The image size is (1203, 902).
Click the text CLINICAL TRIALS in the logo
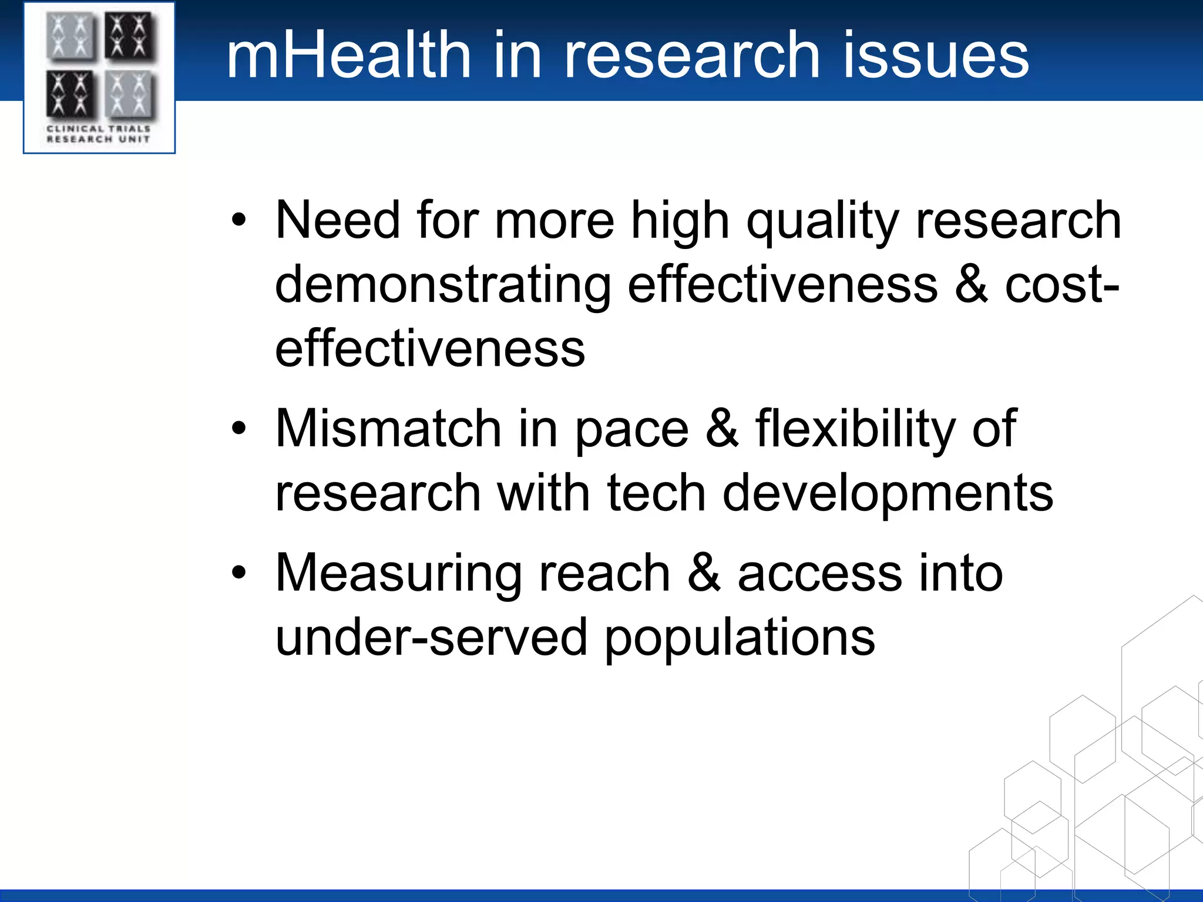98,128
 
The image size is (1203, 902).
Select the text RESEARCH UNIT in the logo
98,139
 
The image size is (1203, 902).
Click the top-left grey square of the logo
70,36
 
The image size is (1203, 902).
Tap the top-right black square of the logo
130,36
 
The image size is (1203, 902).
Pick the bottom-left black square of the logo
70,94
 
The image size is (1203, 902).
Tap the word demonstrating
443,285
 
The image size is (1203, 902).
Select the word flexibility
855,430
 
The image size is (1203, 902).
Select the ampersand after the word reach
704,573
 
